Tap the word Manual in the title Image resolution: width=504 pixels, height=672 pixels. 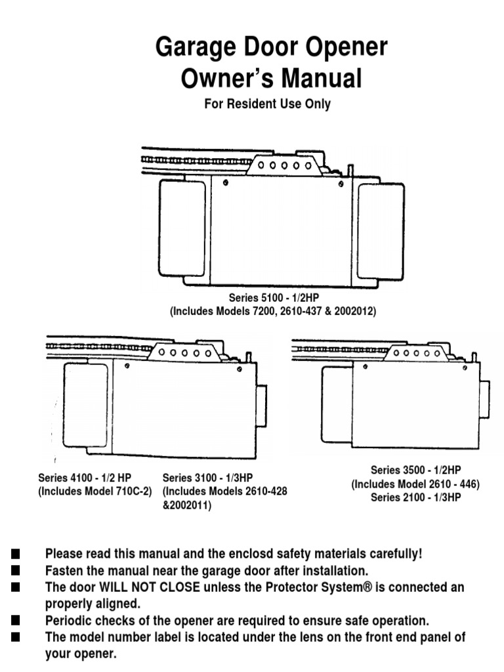321,79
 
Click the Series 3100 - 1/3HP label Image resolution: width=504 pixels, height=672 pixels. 208,478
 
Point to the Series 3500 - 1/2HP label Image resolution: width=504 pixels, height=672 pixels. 415,470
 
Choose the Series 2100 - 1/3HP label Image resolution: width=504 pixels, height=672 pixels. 415,497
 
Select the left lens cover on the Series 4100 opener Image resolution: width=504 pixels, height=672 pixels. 85,405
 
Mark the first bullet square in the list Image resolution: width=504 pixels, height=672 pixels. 16,555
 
